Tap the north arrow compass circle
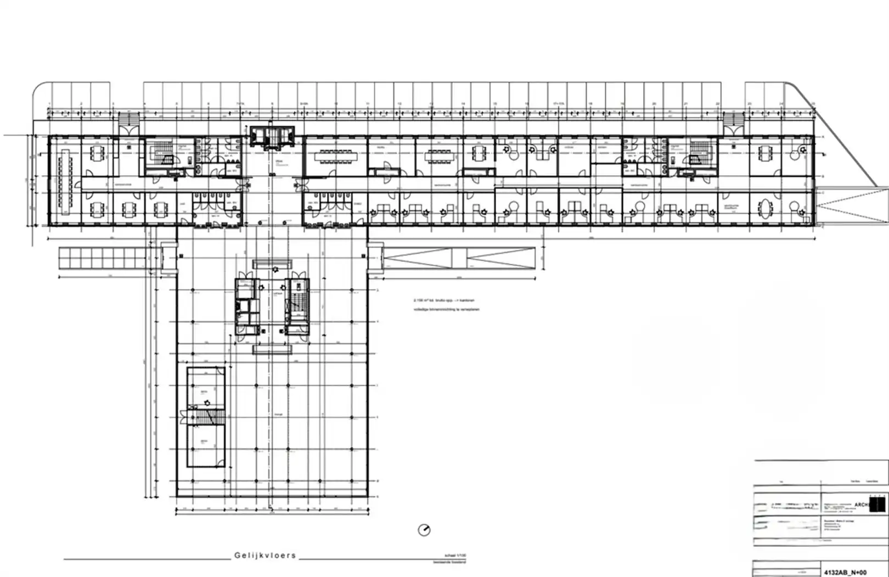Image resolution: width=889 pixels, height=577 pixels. tap(424, 530)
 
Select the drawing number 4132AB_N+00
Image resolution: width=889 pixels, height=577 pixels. tap(845, 572)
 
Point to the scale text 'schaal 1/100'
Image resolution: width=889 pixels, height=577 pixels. tap(455, 556)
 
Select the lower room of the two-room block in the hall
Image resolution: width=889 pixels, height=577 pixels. tap(206, 446)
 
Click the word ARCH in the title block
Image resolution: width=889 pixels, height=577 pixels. tap(862, 505)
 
